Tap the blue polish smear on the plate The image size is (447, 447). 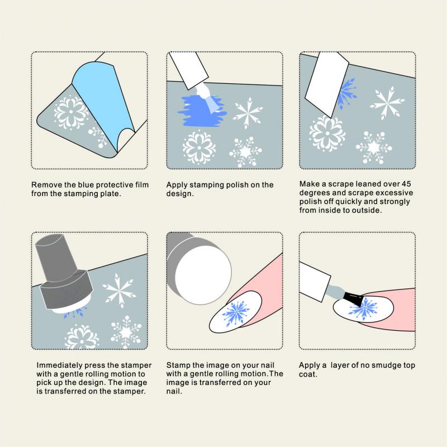pos(201,111)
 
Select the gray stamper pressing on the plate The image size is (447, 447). pos(64,274)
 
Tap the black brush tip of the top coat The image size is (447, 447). pos(353,299)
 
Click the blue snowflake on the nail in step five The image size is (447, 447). pos(236,313)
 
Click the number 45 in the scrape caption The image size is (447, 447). pos(406,184)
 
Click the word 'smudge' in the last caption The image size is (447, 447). pos(384,365)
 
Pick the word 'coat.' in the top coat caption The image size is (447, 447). pos(308,374)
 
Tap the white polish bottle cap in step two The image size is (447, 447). pos(188,70)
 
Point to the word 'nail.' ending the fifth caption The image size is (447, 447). pos(174,391)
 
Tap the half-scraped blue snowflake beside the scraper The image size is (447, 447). pos(346,93)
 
